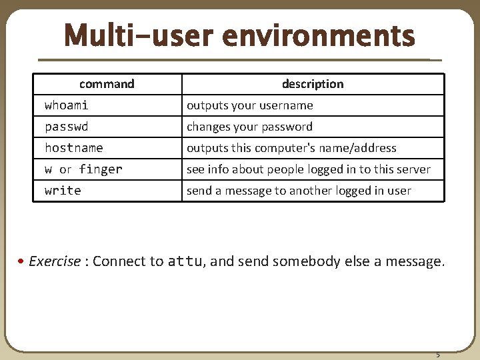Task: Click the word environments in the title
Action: (x=319, y=36)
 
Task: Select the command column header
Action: (x=107, y=84)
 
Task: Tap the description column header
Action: (x=313, y=84)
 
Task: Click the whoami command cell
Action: (x=66, y=105)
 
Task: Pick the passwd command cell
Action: (x=66, y=127)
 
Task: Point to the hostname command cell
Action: (x=73, y=148)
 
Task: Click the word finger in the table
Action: (x=101, y=169)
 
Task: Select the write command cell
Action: (x=63, y=191)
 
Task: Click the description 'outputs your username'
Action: (x=249, y=105)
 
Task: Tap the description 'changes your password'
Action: (x=249, y=127)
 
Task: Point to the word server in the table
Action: (x=414, y=169)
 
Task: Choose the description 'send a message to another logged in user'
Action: (x=299, y=191)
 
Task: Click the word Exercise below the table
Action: (x=55, y=261)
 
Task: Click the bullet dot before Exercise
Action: (x=23, y=261)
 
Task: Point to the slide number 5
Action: (x=438, y=354)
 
